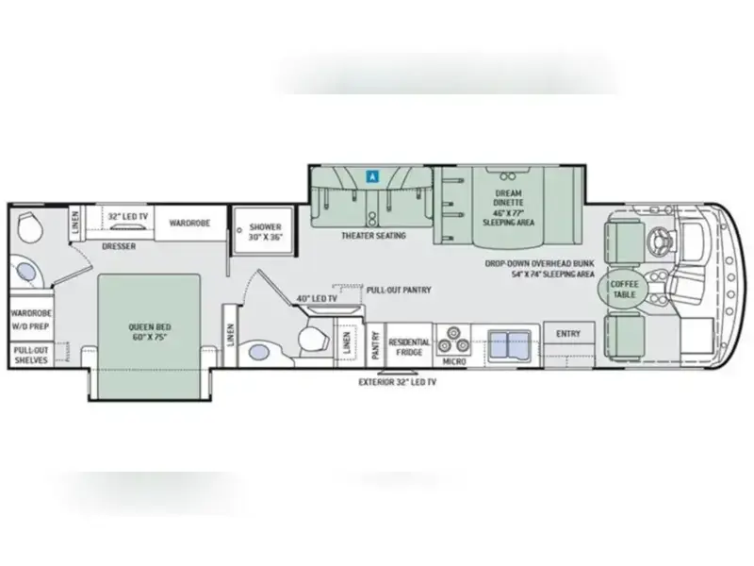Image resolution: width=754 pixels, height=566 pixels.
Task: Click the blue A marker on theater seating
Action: point(372,176)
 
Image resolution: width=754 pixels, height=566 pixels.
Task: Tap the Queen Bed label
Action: point(150,332)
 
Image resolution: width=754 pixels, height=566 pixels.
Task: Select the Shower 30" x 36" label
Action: point(265,231)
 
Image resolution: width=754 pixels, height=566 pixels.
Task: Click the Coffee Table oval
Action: point(624,289)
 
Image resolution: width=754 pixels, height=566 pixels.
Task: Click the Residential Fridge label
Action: point(409,346)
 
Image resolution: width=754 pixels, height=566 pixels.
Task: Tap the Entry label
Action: point(568,334)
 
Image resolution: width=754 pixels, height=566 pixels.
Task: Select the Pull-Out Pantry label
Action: point(399,290)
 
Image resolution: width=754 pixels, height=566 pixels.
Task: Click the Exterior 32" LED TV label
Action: point(397,382)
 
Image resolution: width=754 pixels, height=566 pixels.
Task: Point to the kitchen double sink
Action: point(510,345)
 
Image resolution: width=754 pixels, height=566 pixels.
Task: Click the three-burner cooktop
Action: point(452,339)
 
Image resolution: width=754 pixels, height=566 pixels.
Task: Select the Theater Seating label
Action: point(373,235)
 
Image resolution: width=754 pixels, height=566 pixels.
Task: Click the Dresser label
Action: point(119,246)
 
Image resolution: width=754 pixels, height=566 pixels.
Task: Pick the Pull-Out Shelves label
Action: point(31,356)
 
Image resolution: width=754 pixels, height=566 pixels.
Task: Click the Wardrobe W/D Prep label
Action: point(31,319)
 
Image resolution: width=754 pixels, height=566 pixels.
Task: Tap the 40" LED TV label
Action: point(317,298)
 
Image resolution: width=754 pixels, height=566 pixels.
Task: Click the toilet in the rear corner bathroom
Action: point(27,228)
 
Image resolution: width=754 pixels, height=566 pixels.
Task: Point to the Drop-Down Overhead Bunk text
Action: point(539,264)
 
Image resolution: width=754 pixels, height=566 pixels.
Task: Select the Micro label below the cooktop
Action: point(454,361)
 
